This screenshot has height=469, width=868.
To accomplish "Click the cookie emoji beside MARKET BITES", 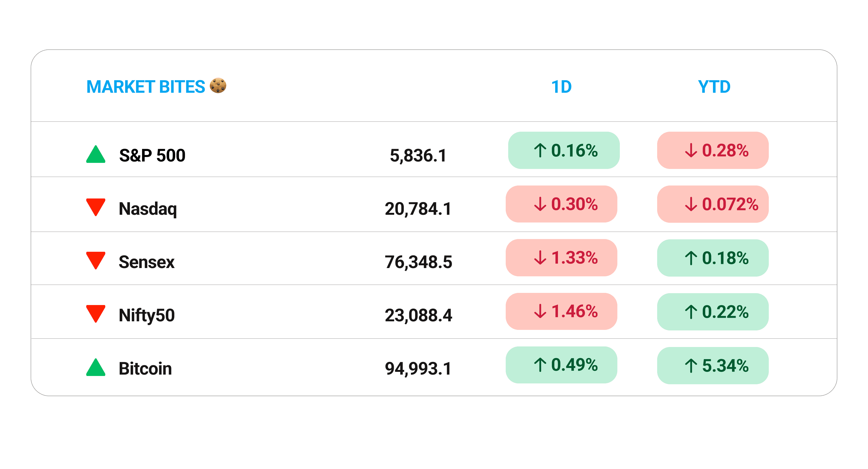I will [x=218, y=86].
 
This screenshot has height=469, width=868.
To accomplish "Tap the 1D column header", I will [x=561, y=87].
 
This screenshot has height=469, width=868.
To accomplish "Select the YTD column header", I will [x=714, y=87].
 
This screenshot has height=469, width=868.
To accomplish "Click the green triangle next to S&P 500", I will [x=96, y=155].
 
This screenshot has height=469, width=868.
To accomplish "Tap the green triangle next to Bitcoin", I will [x=96, y=368].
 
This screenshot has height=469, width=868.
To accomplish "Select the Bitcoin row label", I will [x=145, y=368].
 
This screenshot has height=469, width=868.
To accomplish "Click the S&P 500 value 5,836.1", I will [x=418, y=155].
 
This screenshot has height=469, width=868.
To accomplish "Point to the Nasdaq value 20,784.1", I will [x=418, y=209].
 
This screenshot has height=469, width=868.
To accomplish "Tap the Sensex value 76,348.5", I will [x=418, y=262].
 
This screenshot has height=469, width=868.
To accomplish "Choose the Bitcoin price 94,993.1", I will [x=418, y=368].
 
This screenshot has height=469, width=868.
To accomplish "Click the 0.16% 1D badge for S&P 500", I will [x=564, y=150].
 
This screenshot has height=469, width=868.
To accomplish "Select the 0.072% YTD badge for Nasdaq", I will [x=713, y=204].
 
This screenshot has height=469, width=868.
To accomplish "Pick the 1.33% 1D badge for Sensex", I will [x=561, y=258].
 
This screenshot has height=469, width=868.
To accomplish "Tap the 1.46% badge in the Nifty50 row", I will [x=561, y=311].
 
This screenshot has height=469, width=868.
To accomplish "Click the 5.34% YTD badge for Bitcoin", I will [x=713, y=365].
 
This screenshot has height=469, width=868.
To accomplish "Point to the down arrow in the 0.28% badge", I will [x=691, y=150].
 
